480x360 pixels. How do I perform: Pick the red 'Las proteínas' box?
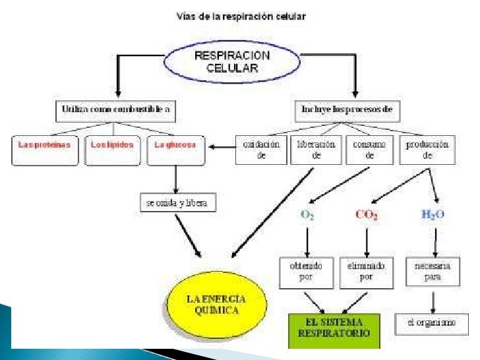(x=45, y=150)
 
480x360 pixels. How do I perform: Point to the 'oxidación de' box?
(x=261, y=150)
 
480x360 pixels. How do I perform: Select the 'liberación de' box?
(x=316, y=150)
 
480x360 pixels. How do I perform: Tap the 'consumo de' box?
(x=370, y=150)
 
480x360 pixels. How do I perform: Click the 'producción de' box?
(x=427, y=150)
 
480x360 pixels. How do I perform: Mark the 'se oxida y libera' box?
(x=177, y=202)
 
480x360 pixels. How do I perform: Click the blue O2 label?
(x=307, y=214)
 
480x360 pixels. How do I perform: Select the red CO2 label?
(x=366, y=214)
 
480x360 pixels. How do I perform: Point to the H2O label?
(x=433, y=214)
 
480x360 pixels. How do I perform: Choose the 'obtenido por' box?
(x=305, y=272)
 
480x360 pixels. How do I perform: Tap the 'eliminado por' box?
(x=366, y=272)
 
